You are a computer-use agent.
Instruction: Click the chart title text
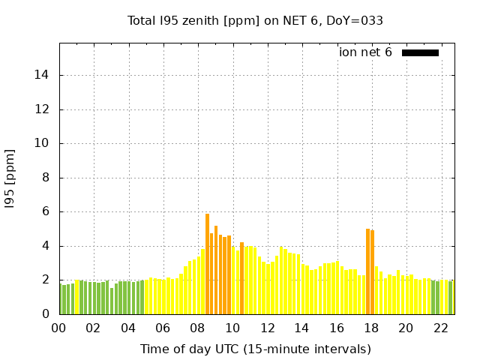255,20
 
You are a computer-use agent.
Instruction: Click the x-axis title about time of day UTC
255,349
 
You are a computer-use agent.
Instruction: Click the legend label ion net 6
365,52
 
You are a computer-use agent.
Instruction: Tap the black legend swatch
420,52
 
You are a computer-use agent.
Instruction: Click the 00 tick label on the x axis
58,328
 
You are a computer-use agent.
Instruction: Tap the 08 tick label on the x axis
197,328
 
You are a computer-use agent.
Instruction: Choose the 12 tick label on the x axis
267,328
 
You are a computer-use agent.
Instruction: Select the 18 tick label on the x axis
371,328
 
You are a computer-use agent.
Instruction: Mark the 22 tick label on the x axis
440,328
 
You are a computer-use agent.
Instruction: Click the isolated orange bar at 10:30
241,278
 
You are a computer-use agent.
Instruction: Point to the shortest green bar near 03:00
112,301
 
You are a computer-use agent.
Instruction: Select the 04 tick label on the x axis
128,328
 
